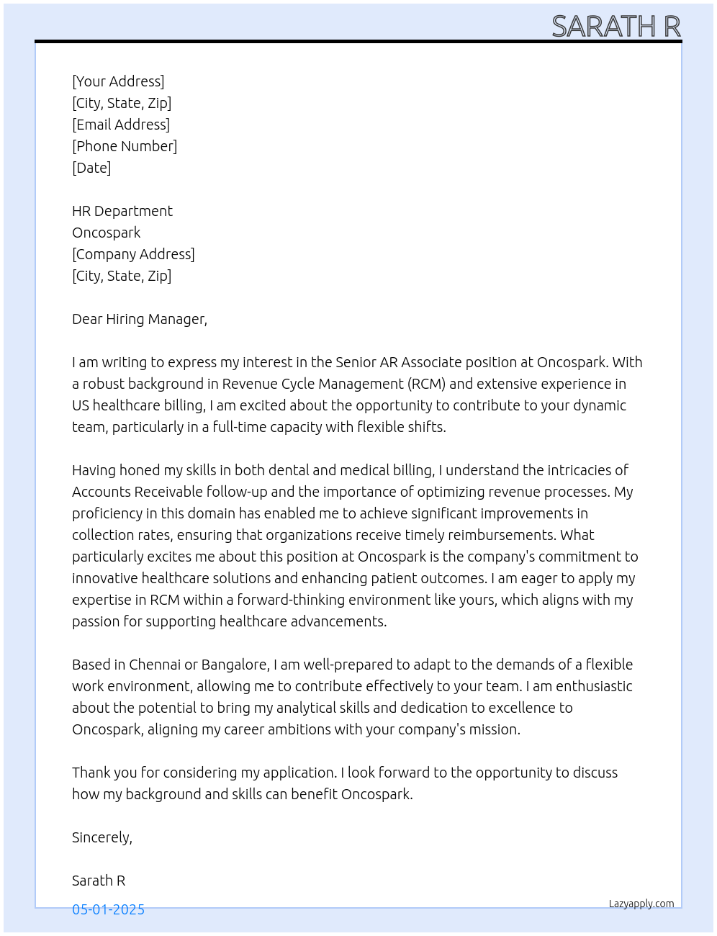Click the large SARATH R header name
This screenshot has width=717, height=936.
(615, 27)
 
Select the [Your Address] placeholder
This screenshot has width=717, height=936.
(118, 81)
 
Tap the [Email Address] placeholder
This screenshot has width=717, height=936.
(121, 125)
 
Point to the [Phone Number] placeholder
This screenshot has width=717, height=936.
(125, 146)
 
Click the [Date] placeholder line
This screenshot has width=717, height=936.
(91, 168)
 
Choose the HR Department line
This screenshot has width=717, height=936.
(122, 211)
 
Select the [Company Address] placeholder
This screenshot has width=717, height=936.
(133, 254)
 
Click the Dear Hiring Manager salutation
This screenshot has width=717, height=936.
(140, 319)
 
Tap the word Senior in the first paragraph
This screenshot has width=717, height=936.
(356, 362)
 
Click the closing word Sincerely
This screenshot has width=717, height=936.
(102, 837)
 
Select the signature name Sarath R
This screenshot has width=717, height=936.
(99, 881)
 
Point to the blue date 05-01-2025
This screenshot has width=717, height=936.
(108, 909)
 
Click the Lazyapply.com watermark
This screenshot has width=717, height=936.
(641, 904)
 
